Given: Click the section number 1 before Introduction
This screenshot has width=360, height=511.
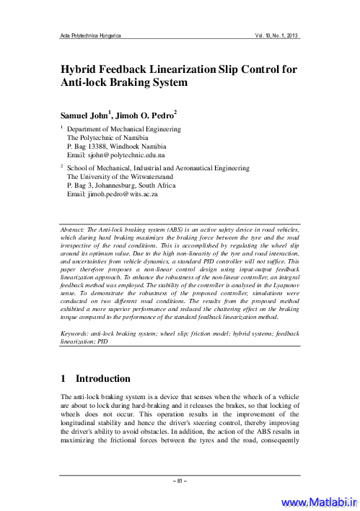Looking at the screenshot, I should tap(63, 379).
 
